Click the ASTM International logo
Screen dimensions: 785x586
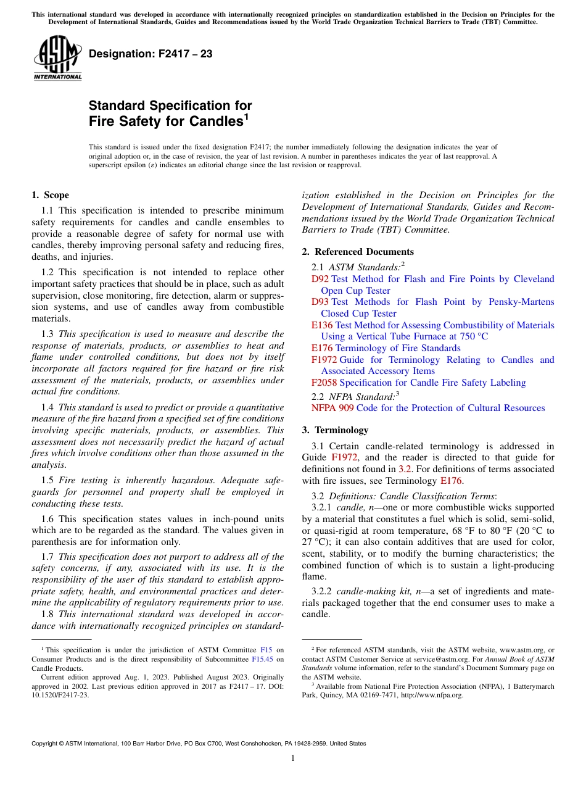coord(57,57)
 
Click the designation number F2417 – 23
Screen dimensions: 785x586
coord(151,54)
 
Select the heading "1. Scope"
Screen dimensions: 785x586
coord(50,195)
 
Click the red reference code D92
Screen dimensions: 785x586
coord(320,279)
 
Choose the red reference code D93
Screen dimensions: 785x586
coord(320,302)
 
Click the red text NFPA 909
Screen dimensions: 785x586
coord(332,408)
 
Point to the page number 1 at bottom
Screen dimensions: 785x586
coord(293,758)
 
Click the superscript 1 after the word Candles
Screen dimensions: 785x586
coord(246,115)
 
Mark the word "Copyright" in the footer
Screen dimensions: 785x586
coord(46,744)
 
